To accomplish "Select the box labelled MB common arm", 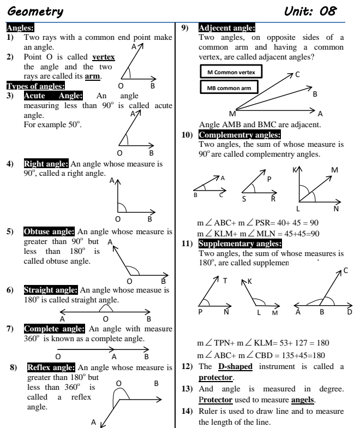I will click(x=230, y=87).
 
